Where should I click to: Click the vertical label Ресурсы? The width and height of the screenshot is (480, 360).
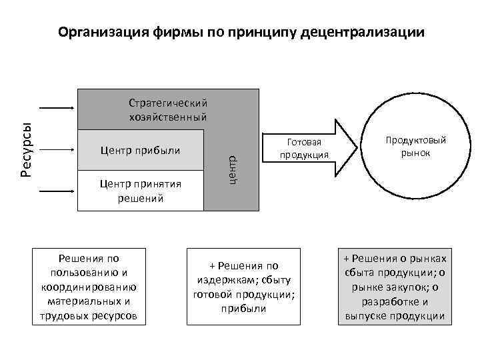click(25, 150)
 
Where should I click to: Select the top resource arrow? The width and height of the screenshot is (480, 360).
click(59, 107)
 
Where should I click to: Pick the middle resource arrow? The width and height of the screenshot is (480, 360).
click(59, 149)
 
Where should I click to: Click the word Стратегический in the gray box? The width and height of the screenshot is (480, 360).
click(168, 103)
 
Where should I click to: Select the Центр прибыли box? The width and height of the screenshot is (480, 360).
click(140, 149)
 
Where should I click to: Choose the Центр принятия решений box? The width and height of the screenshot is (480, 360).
click(140, 190)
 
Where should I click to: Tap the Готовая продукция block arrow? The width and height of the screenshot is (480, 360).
click(307, 149)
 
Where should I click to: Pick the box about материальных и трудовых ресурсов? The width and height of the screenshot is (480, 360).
click(89, 286)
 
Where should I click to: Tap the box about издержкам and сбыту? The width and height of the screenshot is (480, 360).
click(243, 287)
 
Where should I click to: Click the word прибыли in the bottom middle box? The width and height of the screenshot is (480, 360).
click(243, 309)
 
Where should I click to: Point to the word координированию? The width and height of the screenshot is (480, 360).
click(89, 287)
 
